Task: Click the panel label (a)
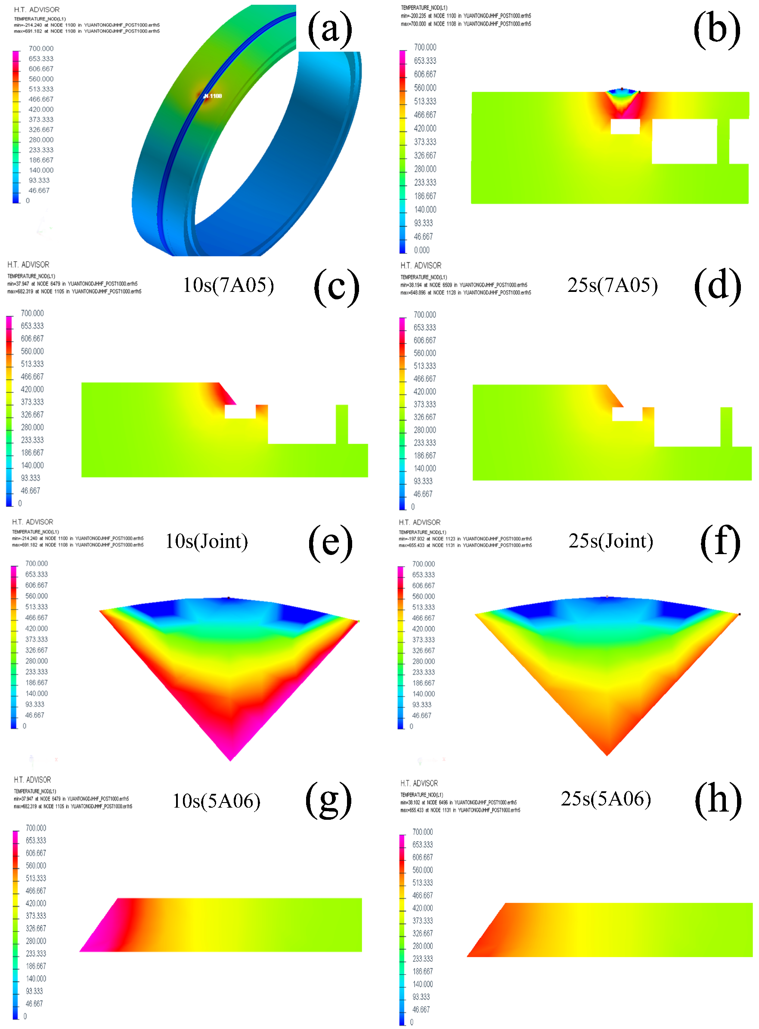[x=330, y=29]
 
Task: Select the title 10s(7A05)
[x=228, y=285]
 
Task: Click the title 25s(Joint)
[x=610, y=541]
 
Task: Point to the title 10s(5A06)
[x=217, y=801]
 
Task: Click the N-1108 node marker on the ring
[x=213, y=96]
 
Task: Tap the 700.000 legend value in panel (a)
[x=41, y=49]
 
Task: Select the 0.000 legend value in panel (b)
[x=421, y=250]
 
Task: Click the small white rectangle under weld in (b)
[x=625, y=126]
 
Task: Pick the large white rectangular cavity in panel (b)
[x=684, y=141]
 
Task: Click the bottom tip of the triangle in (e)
[x=231, y=759]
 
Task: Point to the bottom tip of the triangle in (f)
[x=607, y=754]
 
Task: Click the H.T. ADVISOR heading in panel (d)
[x=420, y=266]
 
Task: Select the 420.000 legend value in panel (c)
[x=32, y=389]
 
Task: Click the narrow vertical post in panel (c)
[x=342, y=424]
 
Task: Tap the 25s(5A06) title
[x=606, y=799]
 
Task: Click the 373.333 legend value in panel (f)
[x=423, y=639]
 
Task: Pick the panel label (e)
[x=330, y=542]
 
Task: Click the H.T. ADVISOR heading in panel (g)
[x=32, y=780]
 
